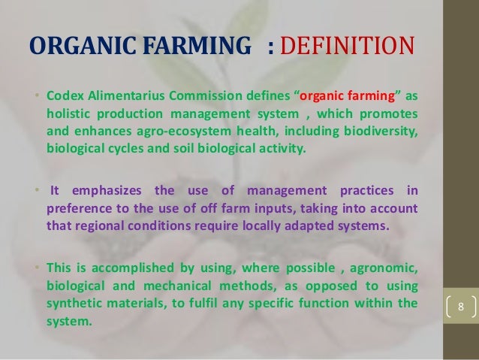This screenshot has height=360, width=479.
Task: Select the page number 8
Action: [462, 308]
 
